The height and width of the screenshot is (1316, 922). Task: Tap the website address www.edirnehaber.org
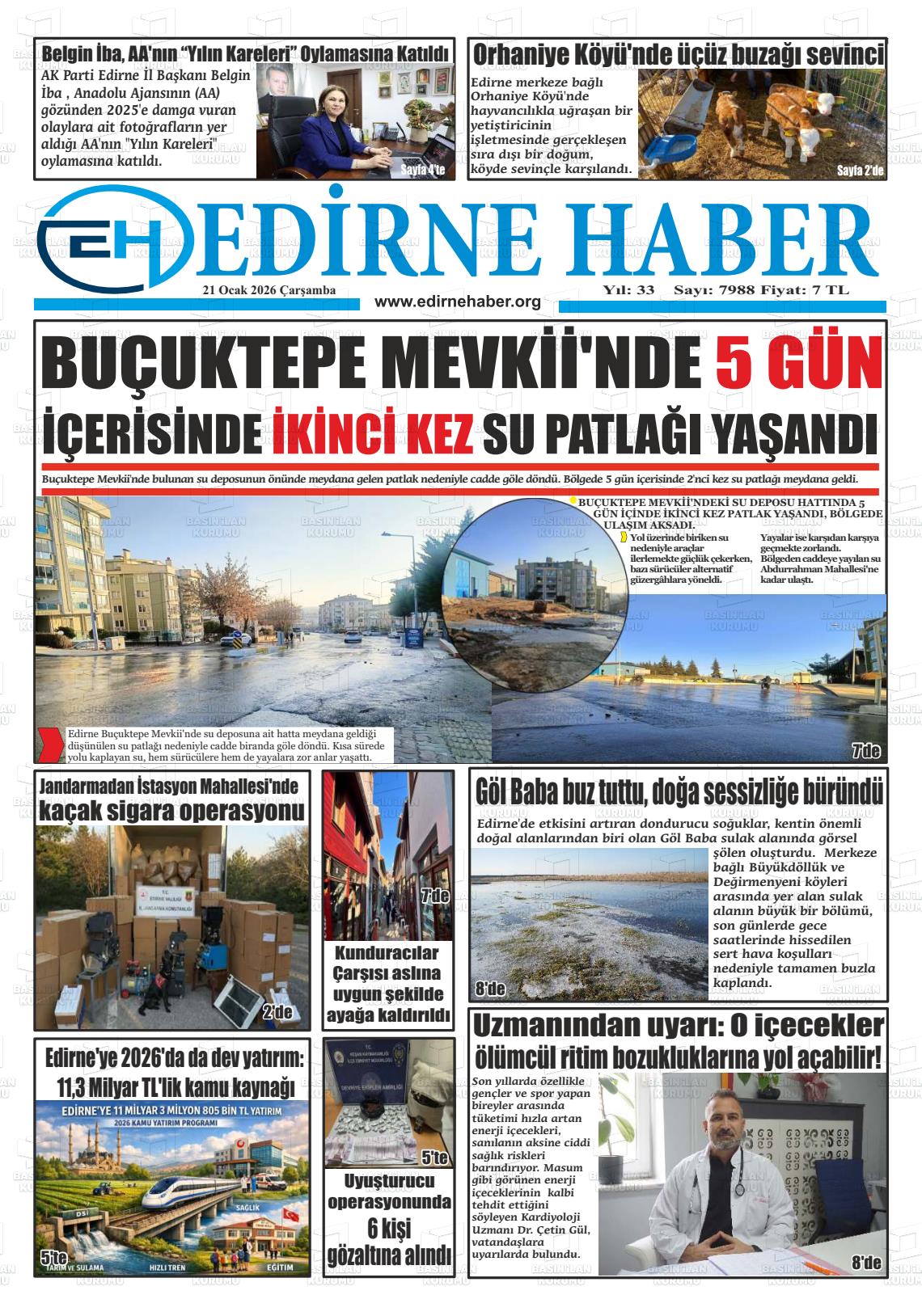458,302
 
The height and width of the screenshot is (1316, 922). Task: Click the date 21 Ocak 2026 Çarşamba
269,290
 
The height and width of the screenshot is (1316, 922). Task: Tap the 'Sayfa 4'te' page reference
422,170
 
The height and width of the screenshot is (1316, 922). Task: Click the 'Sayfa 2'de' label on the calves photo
861,171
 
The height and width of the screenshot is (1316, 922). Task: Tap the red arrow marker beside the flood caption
51,744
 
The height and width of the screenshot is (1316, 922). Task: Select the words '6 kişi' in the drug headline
387,1230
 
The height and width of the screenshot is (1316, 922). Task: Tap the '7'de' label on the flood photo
865,751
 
